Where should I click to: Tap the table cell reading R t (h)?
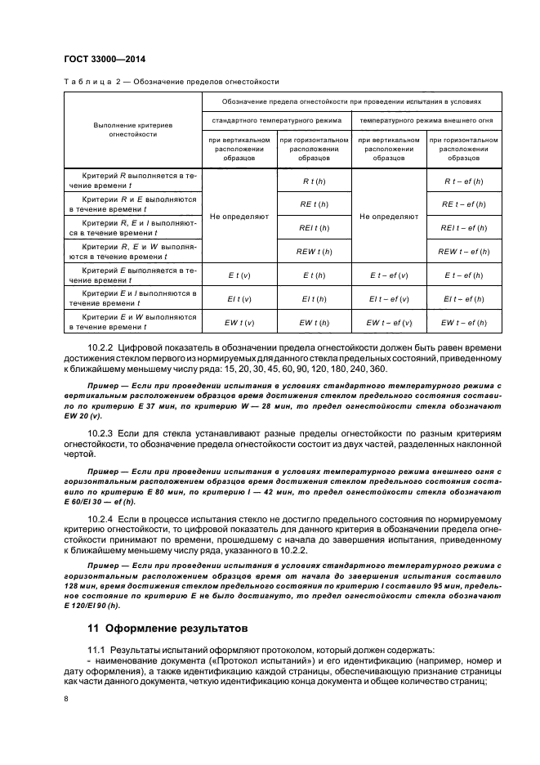pyautogui.click(x=315, y=180)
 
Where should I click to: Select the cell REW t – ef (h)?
pyautogui.click(x=463, y=252)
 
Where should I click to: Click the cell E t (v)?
pyautogui.click(x=239, y=275)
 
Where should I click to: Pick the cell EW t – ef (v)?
pyautogui.click(x=389, y=323)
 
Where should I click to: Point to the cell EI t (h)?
pyautogui.click(x=315, y=299)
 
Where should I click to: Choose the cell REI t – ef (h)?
pyautogui.click(x=463, y=228)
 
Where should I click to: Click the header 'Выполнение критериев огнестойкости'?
pyautogui.click(x=132, y=129)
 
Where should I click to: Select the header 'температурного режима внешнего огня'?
pyautogui.click(x=426, y=120)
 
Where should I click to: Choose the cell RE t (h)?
pyautogui.click(x=315, y=204)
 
